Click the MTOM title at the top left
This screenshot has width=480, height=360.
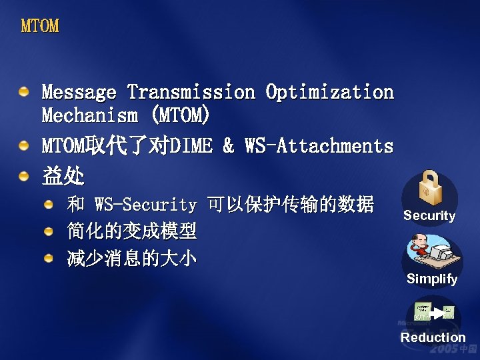pyautogui.click(x=40, y=27)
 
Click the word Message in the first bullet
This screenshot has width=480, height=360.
pyautogui.click(x=79, y=92)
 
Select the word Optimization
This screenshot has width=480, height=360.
pyautogui.click(x=329, y=92)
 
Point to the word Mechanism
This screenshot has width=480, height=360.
pyautogui.click(x=89, y=115)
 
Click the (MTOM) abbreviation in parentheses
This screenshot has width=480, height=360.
pyautogui.click(x=180, y=115)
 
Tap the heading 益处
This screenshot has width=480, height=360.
pyautogui.click(x=63, y=176)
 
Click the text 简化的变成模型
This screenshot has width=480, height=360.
pyautogui.click(x=132, y=231)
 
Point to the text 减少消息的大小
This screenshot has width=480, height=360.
pyautogui.click(x=132, y=259)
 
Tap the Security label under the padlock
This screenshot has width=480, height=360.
pyautogui.click(x=429, y=216)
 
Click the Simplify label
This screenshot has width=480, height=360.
pyautogui.click(x=432, y=279)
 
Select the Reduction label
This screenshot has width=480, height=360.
pyautogui.click(x=433, y=337)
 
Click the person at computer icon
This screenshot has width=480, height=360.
pyautogui.click(x=430, y=253)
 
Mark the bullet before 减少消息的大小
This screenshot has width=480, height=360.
pyautogui.click(x=49, y=258)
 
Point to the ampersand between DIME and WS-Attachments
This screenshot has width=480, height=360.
pyautogui.click(x=229, y=146)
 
